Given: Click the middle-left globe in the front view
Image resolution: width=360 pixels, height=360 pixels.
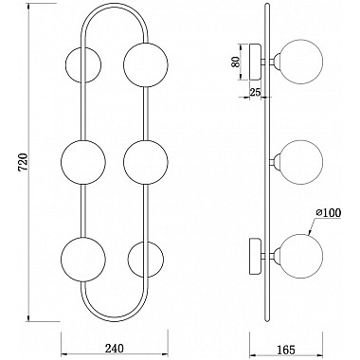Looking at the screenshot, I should pyautogui.click(x=82, y=160).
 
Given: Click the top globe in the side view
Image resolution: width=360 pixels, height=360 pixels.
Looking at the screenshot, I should pyautogui.click(x=296, y=63).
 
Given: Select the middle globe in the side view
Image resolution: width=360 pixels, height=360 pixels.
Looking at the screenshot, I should pyautogui.click(x=296, y=160).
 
